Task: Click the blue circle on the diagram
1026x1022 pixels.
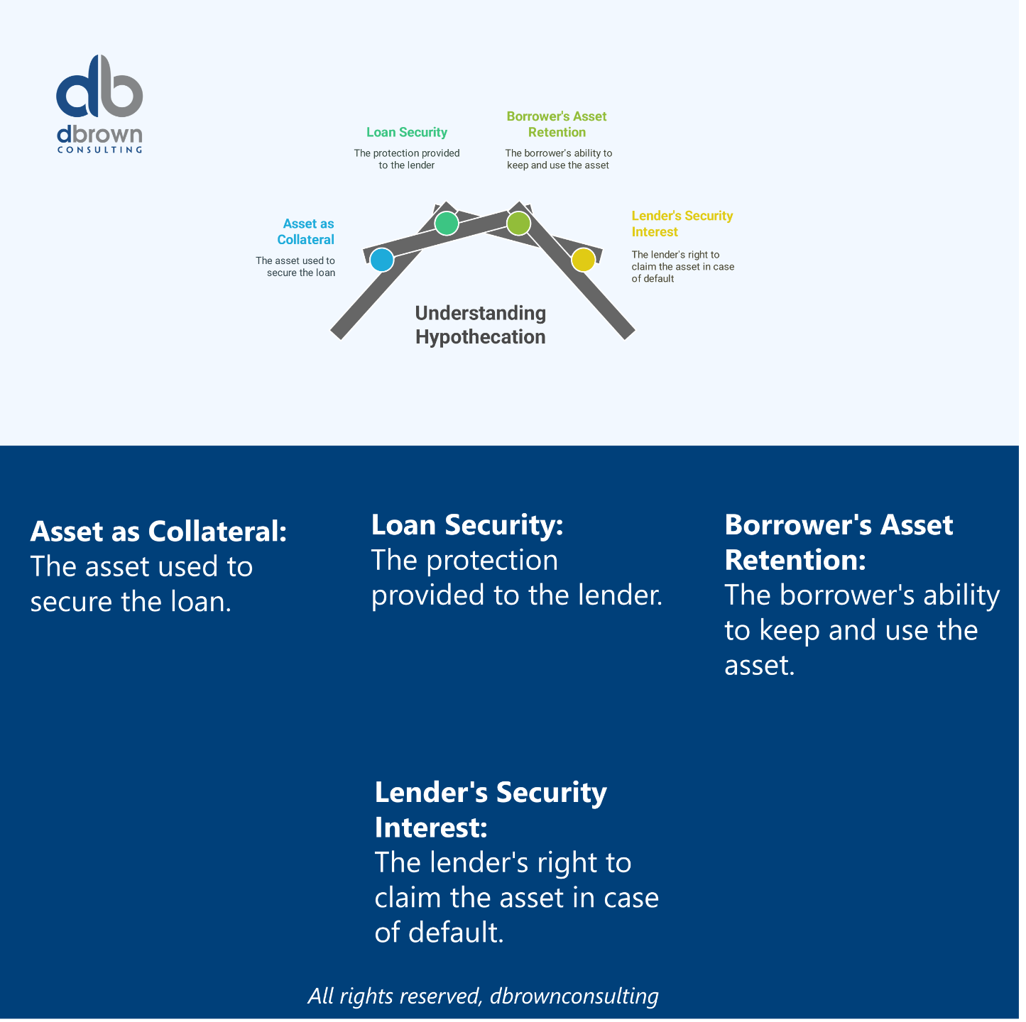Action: coord(382,260)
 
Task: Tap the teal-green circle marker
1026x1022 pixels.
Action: coord(447,223)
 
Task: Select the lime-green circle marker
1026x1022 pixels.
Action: coord(518,223)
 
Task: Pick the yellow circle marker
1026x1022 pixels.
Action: coord(583,260)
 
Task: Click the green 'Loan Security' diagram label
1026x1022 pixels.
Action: coord(407,133)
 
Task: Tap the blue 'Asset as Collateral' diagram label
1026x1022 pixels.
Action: coord(306,232)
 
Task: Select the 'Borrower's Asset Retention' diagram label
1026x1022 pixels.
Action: coord(557,124)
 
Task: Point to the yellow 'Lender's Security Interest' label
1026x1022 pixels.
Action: coord(682,224)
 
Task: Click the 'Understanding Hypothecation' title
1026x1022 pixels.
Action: coord(481,325)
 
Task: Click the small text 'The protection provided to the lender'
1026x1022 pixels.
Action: coord(407,159)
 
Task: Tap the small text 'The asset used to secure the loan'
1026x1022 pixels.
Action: coord(296,267)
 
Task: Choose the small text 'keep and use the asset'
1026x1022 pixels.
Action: coord(558,165)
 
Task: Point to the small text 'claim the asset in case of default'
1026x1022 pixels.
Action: coord(682,267)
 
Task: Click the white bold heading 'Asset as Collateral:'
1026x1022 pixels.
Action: coord(158,532)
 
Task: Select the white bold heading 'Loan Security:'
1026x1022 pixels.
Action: coord(467,525)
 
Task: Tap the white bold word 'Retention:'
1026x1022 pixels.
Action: coord(795,560)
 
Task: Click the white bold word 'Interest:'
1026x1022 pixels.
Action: coord(431,828)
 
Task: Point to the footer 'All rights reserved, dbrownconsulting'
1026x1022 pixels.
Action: coord(483,996)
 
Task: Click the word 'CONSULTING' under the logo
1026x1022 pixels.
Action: coord(99,150)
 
